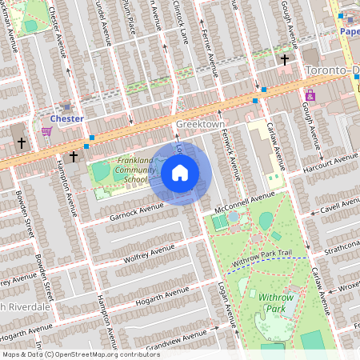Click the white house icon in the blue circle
pyautogui.click(x=180, y=173)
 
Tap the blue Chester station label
pyautogui.click(x=67, y=118)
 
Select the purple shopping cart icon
pyautogui.click(x=47, y=131)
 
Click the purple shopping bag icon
pyautogui.click(x=310, y=95)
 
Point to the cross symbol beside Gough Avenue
pyautogui.click(x=284, y=59)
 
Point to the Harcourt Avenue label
pyautogui.click(x=330, y=162)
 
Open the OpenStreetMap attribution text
pyautogui.click(x=81, y=354)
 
